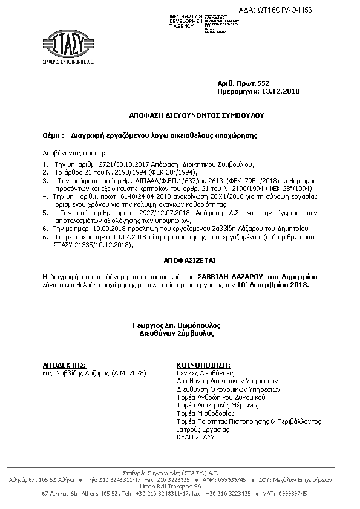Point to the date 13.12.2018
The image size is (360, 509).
(281, 91)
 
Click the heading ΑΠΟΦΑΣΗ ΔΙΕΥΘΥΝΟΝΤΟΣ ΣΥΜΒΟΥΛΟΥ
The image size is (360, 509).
(179, 114)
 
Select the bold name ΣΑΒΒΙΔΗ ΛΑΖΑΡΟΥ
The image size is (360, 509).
(234, 276)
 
